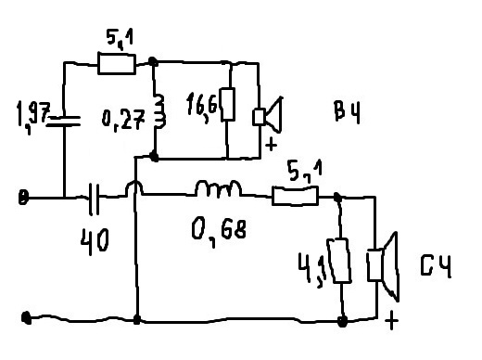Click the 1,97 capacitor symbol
coord(63,121)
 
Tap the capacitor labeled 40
coord(95,199)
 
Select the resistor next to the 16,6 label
coord(228,104)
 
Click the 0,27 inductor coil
coord(159,111)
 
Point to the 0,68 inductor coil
coord(218,188)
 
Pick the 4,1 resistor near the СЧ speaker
coord(339,261)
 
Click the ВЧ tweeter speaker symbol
coord(268,115)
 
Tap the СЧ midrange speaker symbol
coord(383,266)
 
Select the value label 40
coord(95,242)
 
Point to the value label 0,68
coord(219,231)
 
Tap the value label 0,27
coord(123,120)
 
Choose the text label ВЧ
coord(348,112)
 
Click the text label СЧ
coord(436,266)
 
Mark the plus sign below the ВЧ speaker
coord(271,145)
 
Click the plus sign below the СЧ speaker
coord(391,321)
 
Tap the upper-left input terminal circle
coord(23,198)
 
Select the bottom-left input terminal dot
coord(26,317)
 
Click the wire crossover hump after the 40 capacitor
coord(133,187)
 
